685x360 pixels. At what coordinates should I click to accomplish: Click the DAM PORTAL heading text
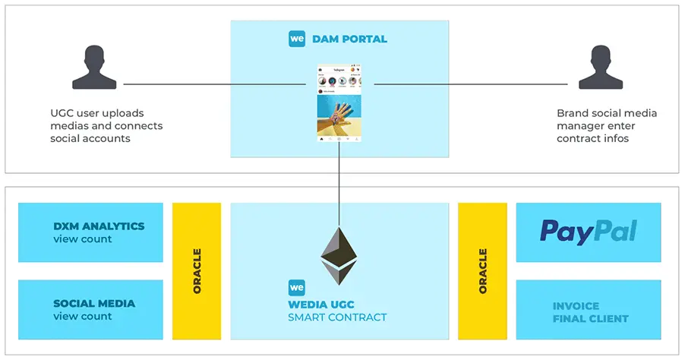(349, 39)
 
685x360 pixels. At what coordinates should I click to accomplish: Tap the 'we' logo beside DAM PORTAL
(297, 39)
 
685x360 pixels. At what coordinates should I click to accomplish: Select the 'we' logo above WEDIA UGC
(297, 289)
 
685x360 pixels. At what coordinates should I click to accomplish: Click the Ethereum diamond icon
(339, 255)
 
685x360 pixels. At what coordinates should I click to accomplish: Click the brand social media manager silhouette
(596, 68)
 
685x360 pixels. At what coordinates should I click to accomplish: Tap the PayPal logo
(588, 232)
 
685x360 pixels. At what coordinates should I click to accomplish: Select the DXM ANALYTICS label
(99, 226)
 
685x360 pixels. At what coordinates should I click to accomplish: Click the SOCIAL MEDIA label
(94, 303)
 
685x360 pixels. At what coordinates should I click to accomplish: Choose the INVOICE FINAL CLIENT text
(590, 312)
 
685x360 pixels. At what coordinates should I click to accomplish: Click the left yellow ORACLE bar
(197, 271)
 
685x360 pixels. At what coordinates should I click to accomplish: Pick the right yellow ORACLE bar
(482, 271)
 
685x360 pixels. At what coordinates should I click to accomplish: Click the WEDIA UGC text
(327, 305)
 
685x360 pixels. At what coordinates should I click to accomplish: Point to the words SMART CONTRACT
(337, 317)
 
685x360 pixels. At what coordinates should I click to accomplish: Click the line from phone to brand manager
(471, 84)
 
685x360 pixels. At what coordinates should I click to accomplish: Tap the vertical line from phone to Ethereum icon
(339, 182)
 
